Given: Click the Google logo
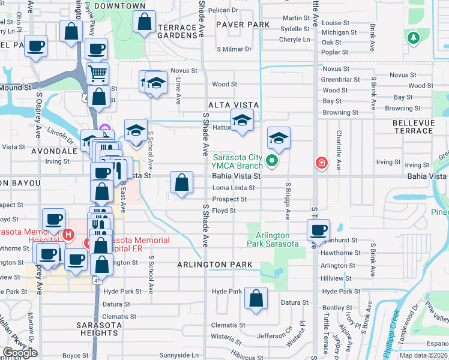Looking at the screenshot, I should click(x=20, y=353).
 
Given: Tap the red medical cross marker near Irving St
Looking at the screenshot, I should click(x=322, y=163).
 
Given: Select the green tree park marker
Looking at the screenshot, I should click(x=413, y=38).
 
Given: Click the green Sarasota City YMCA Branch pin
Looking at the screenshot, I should click(x=271, y=160).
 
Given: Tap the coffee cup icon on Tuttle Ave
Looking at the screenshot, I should click(x=318, y=229).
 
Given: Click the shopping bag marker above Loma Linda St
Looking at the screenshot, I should click(x=181, y=182).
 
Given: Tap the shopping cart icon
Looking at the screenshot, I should click(x=97, y=73).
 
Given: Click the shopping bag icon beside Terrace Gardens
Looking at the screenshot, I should click(x=144, y=23).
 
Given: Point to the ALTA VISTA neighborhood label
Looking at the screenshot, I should click(x=234, y=105).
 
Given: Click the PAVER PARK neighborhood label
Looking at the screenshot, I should click(x=243, y=25).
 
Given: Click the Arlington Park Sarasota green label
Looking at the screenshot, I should click(x=273, y=239).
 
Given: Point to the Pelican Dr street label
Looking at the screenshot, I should click(x=224, y=10).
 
